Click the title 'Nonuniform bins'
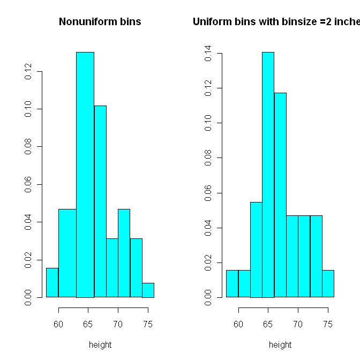pyautogui.click(x=100, y=22)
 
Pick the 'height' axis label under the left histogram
pyautogui.click(x=100, y=345)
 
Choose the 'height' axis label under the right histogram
pyautogui.click(x=280, y=345)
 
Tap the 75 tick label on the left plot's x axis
pyautogui.click(x=148, y=324)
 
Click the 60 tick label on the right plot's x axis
pyautogui.click(x=238, y=324)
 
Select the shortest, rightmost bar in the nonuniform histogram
pyautogui.click(x=148, y=290)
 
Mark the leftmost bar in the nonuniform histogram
pyautogui.click(x=52, y=282)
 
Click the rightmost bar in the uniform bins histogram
pyautogui.click(x=328, y=283)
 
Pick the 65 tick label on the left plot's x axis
pyautogui.click(x=88, y=324)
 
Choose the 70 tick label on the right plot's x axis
pyautogui.click(x=298, y=324)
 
